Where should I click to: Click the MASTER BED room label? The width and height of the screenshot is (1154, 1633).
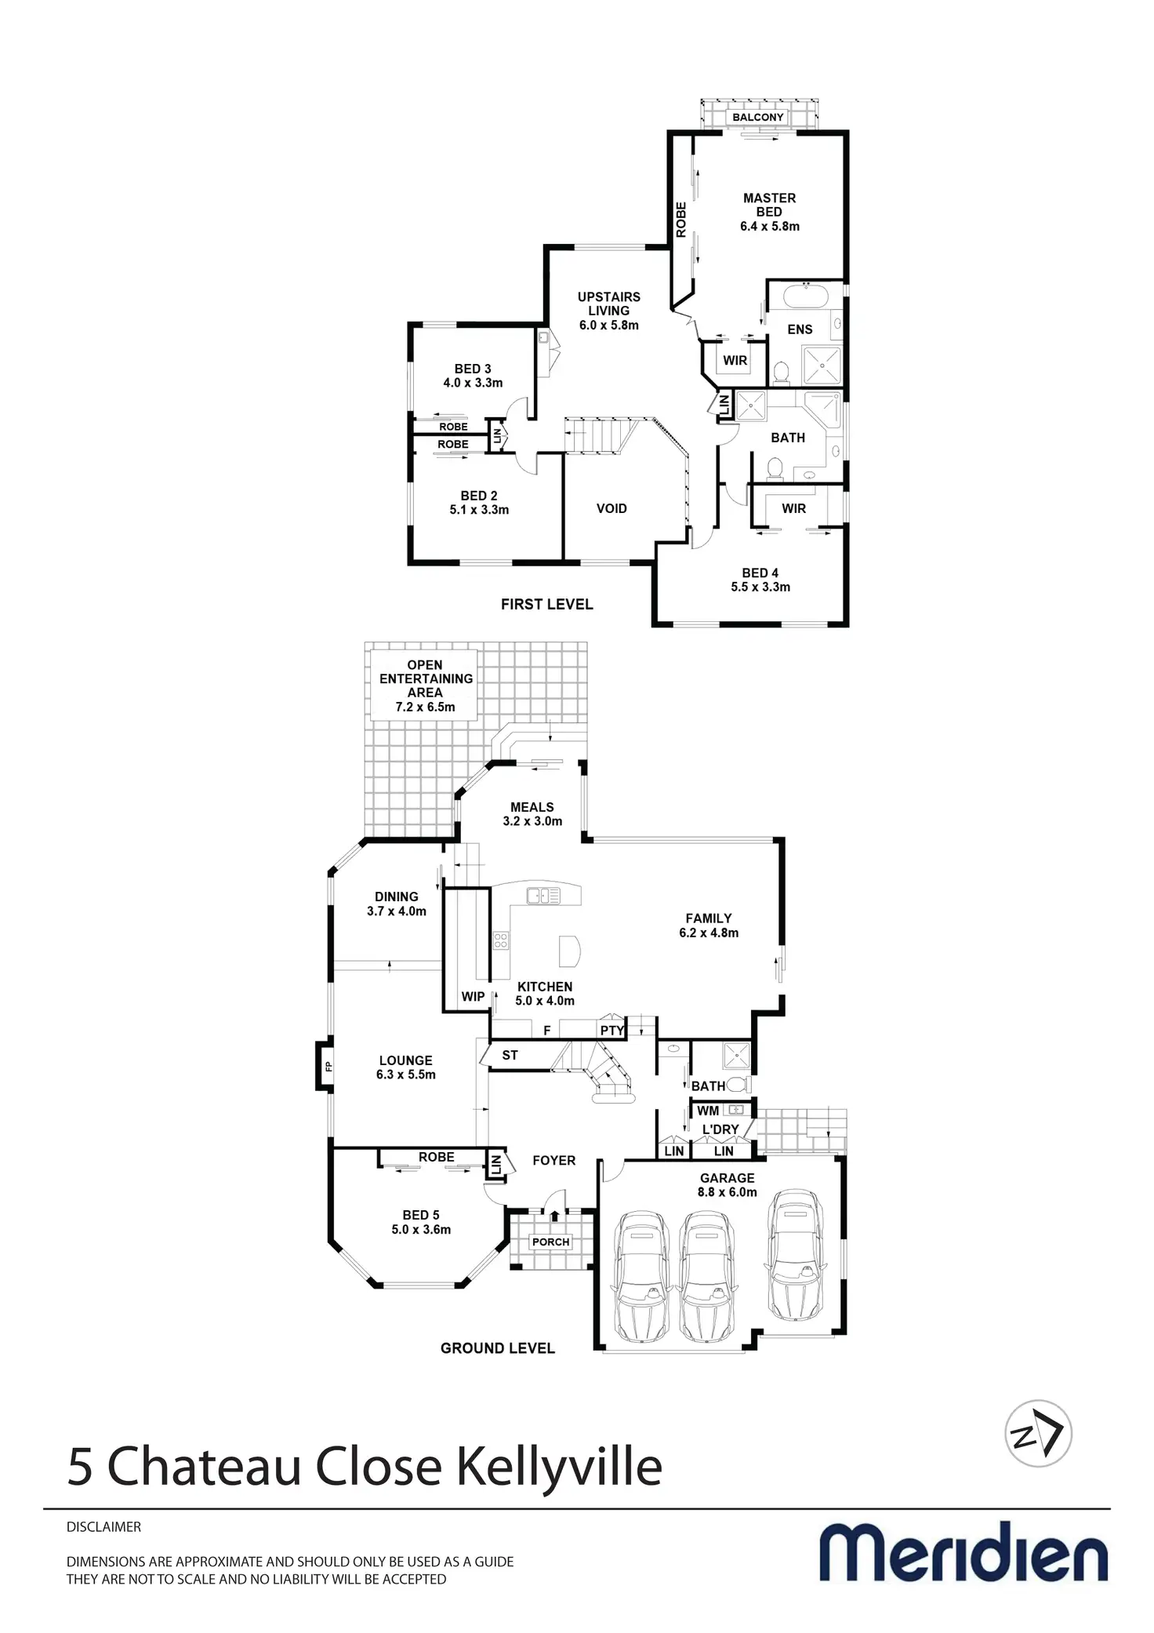click(769, 205)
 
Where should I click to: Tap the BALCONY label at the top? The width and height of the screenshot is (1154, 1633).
click(758, 118)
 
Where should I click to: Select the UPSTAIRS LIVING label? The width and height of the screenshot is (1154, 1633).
click(609, 304)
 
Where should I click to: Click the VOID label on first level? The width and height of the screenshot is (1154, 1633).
click(611, 508)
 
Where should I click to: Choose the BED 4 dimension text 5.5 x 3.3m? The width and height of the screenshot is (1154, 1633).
click(760, 587)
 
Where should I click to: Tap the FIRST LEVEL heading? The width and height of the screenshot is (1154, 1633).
click(546, 604)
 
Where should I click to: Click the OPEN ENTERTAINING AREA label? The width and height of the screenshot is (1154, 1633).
click(425, 678)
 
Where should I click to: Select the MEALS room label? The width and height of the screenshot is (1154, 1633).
click(532, 807)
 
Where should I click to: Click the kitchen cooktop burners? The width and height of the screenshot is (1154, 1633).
click(500, 940)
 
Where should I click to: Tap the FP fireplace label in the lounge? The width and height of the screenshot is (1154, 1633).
click(328, 1066)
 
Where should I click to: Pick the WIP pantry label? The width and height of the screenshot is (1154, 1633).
click(473, 997)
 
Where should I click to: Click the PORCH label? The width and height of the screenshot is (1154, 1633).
click(550, 1242)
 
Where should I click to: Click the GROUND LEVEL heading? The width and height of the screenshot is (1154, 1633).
click(497, 1348)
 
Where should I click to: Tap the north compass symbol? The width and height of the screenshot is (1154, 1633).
click(1038, 1434)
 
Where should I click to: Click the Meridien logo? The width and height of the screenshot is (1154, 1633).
click(963, 1552)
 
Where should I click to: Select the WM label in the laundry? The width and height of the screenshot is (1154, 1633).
click(708, 1111)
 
